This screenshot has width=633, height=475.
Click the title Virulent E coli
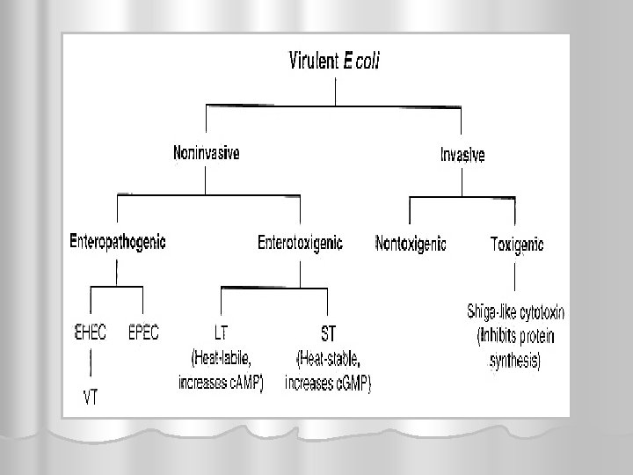coord(337,61)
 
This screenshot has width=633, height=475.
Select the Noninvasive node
coord(206,152)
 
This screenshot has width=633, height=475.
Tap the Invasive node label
coord(462,156)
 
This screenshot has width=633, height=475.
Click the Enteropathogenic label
coord(118,240)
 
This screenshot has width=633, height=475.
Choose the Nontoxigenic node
coord(411,243)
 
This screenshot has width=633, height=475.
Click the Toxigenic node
coord(517,245)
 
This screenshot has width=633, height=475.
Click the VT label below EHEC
coord(91,397)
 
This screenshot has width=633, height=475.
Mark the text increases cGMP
coord(329,384)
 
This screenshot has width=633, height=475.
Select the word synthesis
coord(516,362)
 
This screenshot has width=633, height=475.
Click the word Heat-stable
coord(330,358)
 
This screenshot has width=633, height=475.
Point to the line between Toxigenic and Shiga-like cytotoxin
coord(516,277)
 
